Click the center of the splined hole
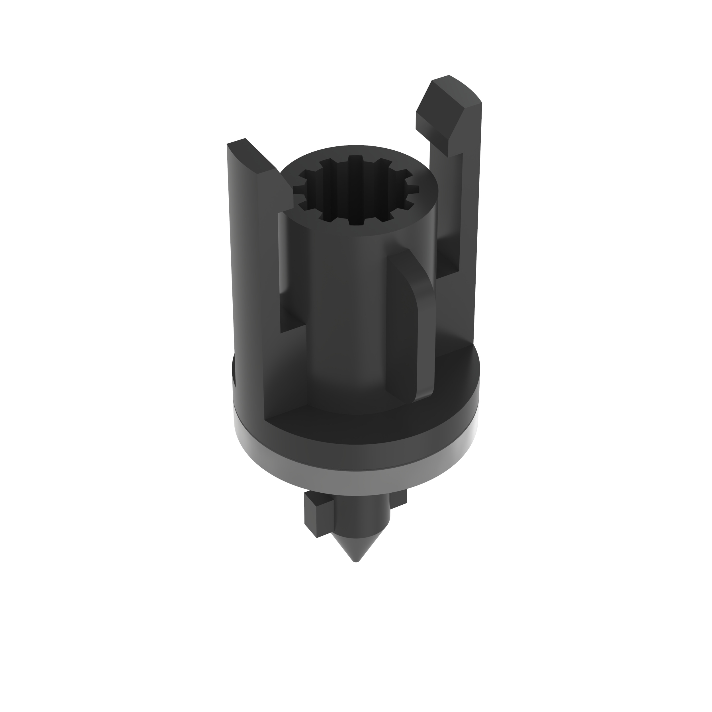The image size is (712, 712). tap(356, 190)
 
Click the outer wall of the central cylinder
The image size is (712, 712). tap(346, 313)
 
